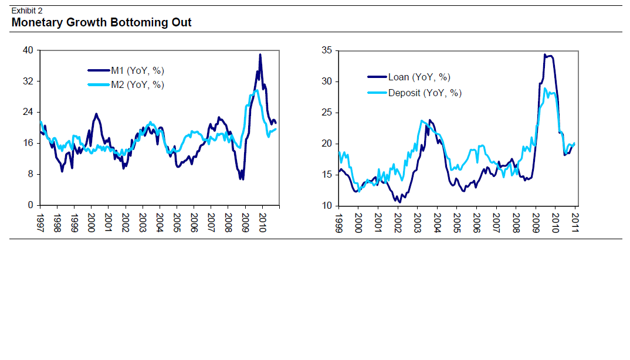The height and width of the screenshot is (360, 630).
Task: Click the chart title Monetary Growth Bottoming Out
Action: [101, 23]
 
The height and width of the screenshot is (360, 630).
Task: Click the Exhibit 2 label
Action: [27, 11]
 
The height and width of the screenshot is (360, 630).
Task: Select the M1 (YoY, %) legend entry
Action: [137, 70]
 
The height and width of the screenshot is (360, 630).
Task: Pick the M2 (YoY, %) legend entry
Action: [137, 84]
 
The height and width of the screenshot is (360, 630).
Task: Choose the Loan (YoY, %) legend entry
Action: [419, 77]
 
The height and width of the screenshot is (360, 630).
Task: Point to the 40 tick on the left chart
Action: [28, 50]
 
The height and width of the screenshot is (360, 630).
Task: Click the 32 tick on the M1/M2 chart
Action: [28, 81]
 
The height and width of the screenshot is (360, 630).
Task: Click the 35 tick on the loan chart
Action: [327, 50]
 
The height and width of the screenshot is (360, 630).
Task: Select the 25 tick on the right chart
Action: [327, 113]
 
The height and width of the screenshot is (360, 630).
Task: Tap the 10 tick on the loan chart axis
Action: [327, 206]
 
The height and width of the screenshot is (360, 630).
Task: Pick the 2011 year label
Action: [575, 222]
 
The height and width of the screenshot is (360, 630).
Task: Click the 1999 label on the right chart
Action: [339, 222]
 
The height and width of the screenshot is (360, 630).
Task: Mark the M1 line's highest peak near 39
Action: [260, 55]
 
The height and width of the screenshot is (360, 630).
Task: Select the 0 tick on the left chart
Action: [31, 206]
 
